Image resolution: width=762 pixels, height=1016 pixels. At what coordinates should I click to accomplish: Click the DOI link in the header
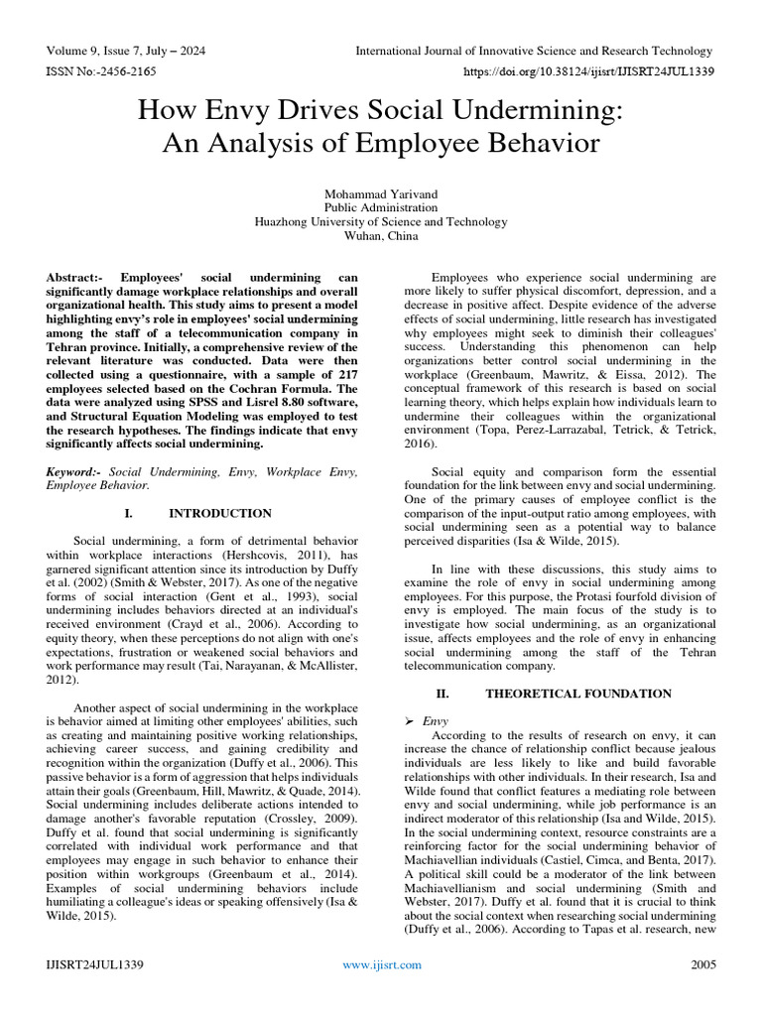click(x=588, y=72)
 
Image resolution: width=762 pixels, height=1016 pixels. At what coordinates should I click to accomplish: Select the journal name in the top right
click(x=534, y=51)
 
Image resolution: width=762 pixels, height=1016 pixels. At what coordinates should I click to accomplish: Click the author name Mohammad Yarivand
click(x=381, y=192)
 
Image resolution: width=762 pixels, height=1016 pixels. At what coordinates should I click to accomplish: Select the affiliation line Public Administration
click(x=381, y=207)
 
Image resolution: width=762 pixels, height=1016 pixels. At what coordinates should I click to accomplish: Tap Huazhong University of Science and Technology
click(x=381, y=222)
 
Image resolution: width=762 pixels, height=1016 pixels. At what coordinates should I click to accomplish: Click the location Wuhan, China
click(x=381, y=236)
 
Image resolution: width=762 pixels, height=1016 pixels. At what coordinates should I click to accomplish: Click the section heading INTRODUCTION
click(x=219, y=514)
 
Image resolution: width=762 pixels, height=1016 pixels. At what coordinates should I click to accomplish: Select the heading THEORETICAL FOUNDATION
click(x=578, y=694)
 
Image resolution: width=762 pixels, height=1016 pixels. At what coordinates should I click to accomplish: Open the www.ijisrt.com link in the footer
click(x=381, y=964)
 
